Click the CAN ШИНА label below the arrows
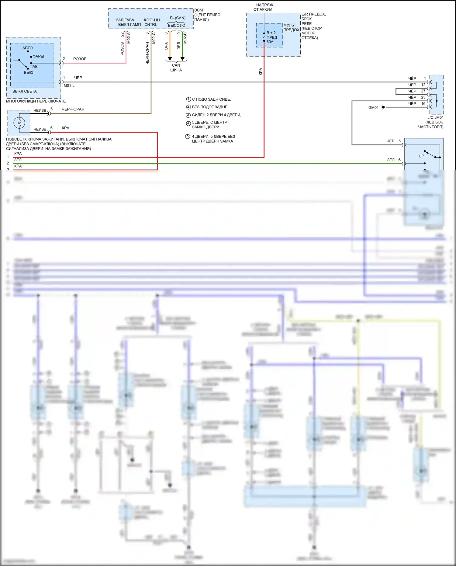[176, 68]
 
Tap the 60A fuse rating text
[270, 42]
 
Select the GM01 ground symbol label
[373, 108]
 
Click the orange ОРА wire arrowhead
[170, 58]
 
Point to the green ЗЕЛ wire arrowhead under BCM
[182, 58]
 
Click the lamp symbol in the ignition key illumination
[19, 123]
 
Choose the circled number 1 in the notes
[188, 99]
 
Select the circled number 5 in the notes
[188, 137]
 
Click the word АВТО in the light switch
[27, 48]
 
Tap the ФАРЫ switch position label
[38, 56]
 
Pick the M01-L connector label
[69, 85]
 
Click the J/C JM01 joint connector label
[435, 117]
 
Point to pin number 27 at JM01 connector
[423, 91]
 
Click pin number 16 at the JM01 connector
[423, 104]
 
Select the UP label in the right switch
[421, 156]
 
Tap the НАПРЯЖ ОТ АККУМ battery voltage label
[264, 7]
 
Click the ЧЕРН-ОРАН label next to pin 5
[73, 109]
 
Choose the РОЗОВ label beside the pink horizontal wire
[80, 59]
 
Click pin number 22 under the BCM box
[122, 35]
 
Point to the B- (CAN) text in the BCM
[178, 18]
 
